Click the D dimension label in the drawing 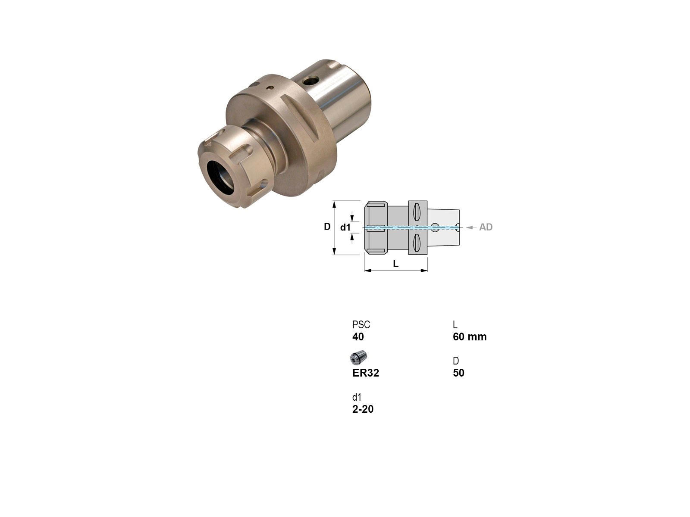click(x=327, y=226)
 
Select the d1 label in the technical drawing click(x=345, y=227)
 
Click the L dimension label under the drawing click(x=396, y=264)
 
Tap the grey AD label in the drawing click(x=486, y=227)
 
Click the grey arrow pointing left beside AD click(x=471, y=227)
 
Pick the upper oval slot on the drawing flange click(x=417, y=212)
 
